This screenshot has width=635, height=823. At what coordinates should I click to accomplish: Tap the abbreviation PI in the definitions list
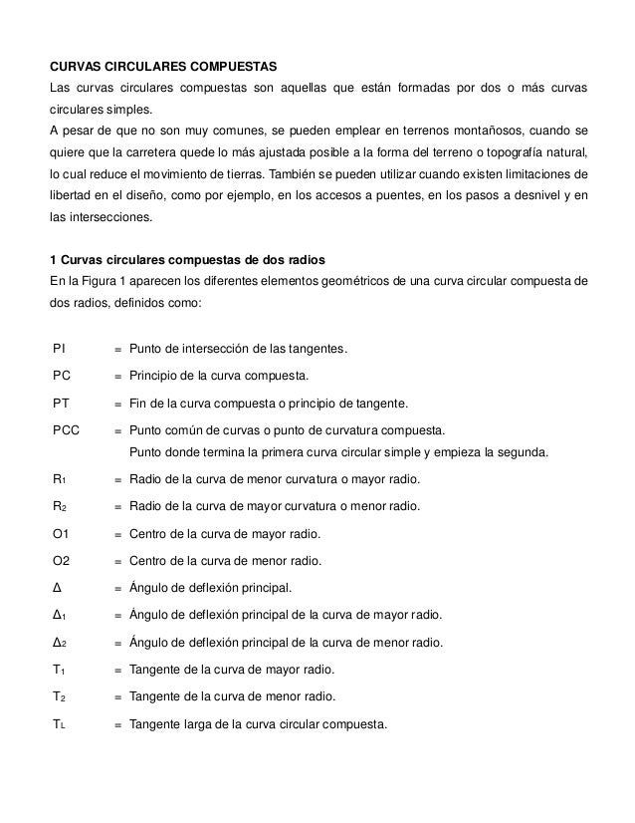click(60, 349)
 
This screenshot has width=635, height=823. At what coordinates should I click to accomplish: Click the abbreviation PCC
click(67, 431)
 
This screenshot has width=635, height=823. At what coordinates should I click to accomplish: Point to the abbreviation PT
click(61, 405)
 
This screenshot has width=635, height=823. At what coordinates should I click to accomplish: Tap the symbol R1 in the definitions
click(59, 479)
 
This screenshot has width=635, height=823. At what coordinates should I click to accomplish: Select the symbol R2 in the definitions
click(59, 507)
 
